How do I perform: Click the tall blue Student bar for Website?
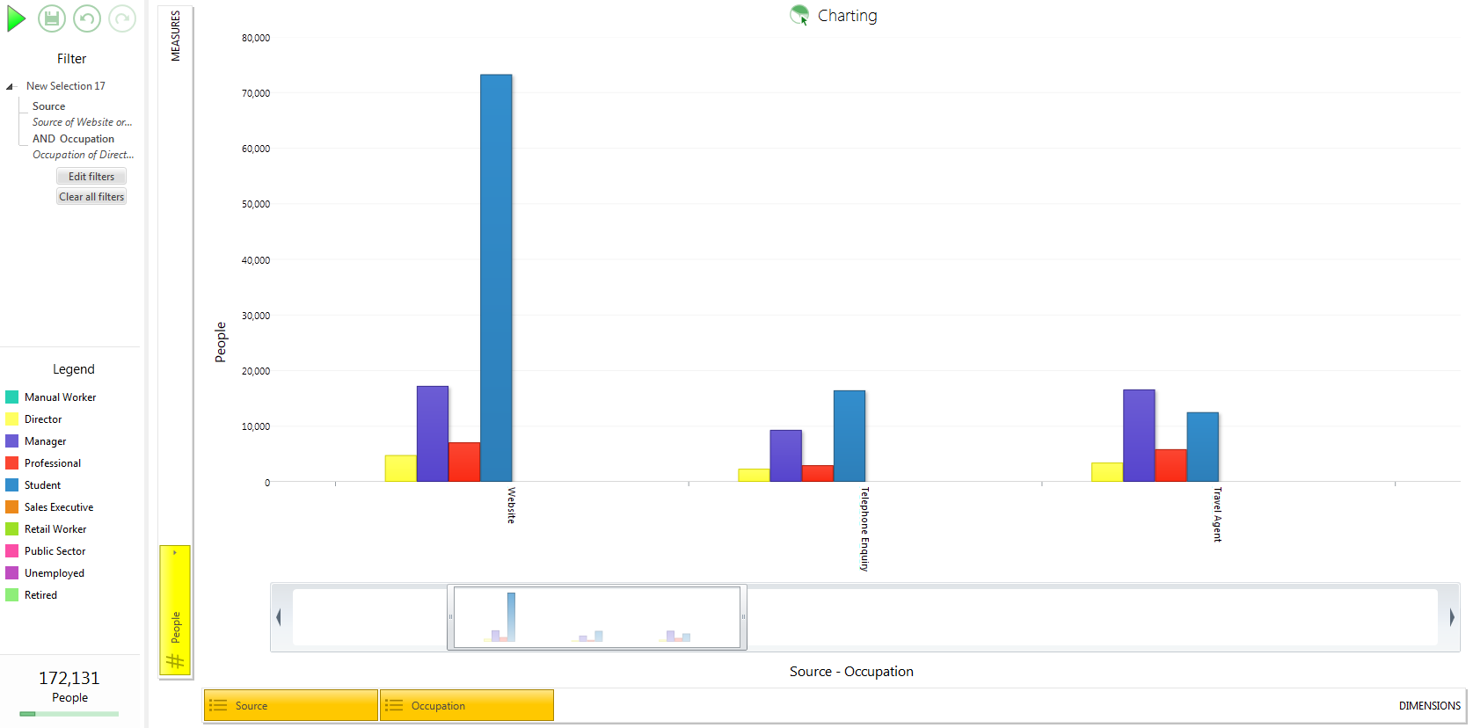click(496, 278)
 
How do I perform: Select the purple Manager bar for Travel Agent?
click(1139, 435)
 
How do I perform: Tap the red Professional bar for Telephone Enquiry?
click(817, 474)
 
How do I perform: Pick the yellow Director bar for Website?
click(400, 469)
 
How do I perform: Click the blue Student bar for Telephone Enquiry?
click(850, 436)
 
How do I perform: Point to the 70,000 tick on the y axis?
click(255, 93)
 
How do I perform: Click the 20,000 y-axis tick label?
click(255, 371)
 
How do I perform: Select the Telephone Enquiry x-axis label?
click(864, 528)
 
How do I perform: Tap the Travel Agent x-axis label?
click(1217, 514)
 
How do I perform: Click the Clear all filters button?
click(91, 197)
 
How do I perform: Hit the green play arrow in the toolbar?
click(16, 18)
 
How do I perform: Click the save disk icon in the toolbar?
click(51, 18)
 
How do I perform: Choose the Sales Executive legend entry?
click(59, 507)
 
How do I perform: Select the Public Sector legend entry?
click(55, 551)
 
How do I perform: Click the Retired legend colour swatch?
click(11, 595)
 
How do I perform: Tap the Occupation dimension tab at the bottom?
click(467, 706)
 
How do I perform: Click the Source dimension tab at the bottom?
click(291, 706)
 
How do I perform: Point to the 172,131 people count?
click(69, 678)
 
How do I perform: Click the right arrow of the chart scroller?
click(1452, 617)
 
